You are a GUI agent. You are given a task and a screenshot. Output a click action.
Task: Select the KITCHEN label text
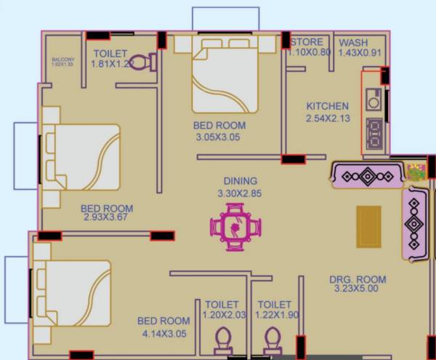[x=327, y=106]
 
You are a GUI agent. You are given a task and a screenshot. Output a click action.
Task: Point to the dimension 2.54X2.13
[x=327, y=118]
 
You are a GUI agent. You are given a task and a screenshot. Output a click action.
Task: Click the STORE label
[x=307, y=42]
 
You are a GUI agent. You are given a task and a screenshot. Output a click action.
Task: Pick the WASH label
[x=353, y=42]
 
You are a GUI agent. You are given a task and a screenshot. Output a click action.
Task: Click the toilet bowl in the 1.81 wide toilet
[x=150, y=63]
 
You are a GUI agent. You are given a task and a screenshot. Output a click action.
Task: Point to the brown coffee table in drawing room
[x=368, y=225]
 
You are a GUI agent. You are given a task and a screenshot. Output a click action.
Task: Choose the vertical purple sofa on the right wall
[x=414, y=223]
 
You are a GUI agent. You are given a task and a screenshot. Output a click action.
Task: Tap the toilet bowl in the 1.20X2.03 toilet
[x=223, y=339]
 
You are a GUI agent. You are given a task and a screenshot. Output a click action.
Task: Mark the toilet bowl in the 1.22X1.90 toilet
[x=273, y=339]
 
